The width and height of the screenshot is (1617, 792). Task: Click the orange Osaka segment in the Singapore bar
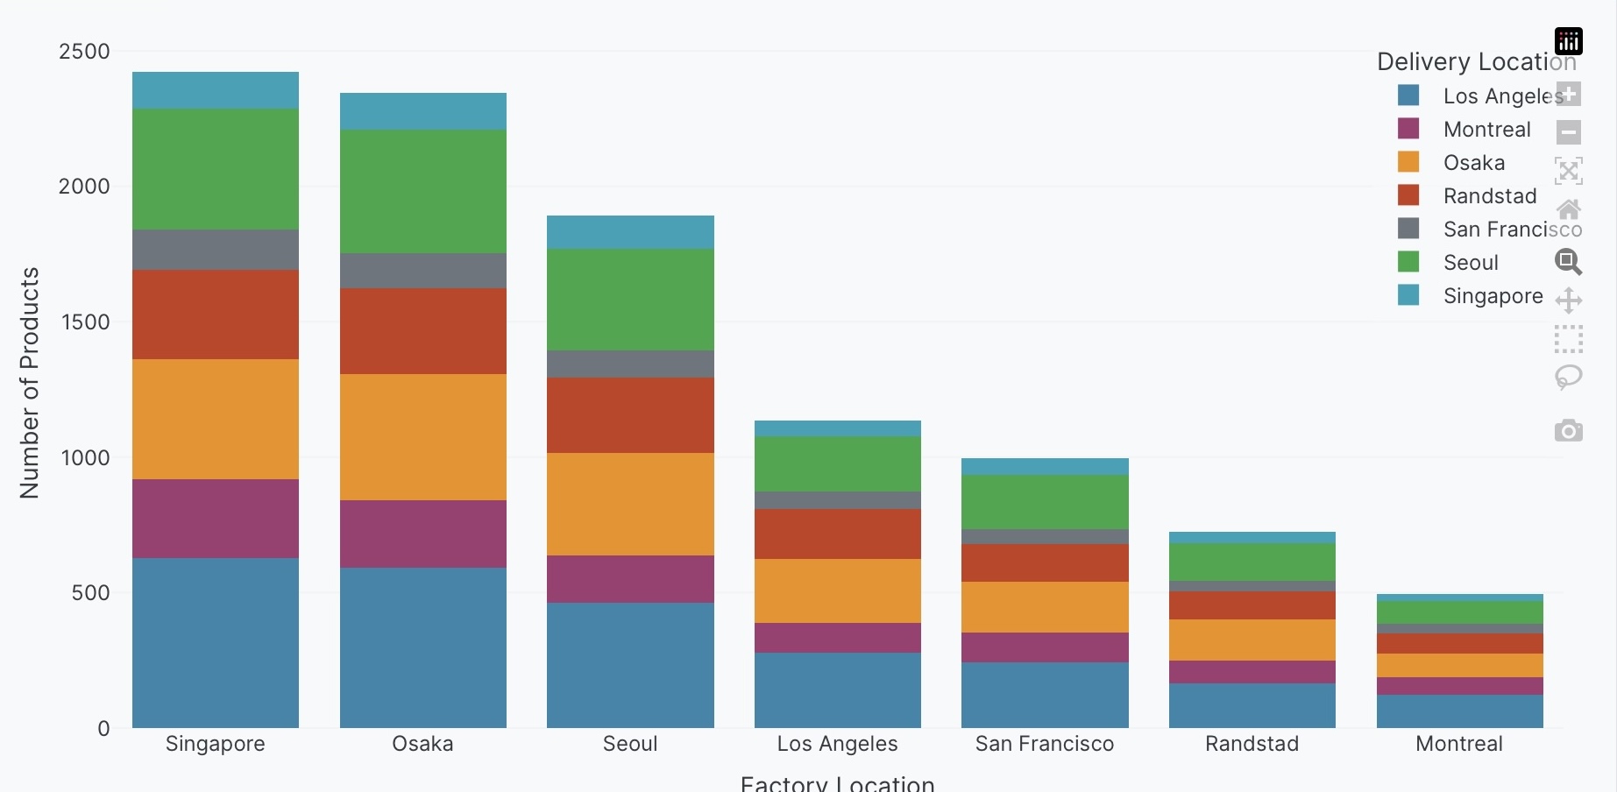216,419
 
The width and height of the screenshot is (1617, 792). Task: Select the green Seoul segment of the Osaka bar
423,191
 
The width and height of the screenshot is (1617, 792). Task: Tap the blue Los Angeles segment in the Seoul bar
630,664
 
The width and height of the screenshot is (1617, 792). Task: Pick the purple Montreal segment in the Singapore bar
216,518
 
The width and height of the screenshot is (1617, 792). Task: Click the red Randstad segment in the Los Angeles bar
838,534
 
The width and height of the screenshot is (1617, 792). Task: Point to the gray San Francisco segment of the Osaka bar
423,271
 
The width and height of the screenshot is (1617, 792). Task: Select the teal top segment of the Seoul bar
630,232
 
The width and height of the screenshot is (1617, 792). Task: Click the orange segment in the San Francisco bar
1045,606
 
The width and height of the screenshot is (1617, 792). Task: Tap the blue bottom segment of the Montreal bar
1459,711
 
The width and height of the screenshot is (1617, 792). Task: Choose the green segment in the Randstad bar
1252,562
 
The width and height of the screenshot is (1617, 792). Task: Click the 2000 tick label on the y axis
84,187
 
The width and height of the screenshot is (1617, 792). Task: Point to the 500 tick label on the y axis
90,593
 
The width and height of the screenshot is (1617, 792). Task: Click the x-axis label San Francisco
1045,744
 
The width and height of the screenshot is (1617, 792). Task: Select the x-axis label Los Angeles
838,744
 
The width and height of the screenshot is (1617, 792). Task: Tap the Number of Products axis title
30,383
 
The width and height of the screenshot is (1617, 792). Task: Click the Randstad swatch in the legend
1408,194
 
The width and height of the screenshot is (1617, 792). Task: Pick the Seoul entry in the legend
1471,262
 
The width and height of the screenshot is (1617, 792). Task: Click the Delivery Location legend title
1476,61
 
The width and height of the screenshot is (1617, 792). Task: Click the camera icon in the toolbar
1568,431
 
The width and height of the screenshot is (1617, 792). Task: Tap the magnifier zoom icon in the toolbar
1568,261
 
